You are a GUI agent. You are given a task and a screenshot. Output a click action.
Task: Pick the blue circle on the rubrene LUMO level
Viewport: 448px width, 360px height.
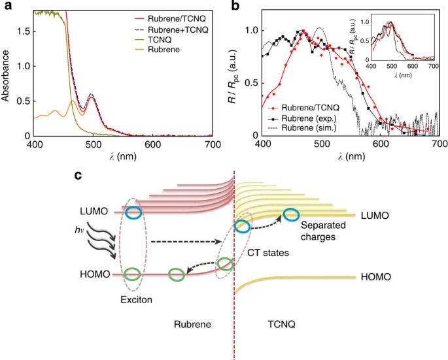point(133,213)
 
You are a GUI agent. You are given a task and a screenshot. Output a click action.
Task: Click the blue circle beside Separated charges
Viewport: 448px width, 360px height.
point(291,215)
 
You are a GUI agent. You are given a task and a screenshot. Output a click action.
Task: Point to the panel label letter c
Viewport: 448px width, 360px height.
point(78,176)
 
